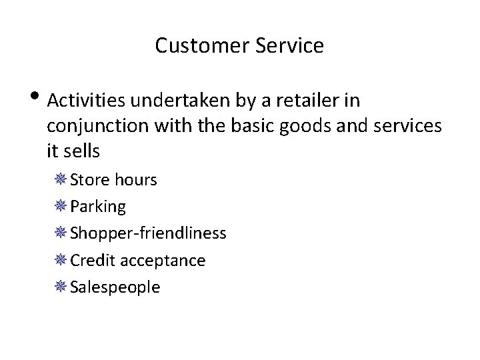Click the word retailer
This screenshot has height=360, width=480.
point(308,101)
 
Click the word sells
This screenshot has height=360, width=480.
point(82,151)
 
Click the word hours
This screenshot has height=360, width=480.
point(135,180)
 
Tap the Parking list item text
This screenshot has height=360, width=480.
point(98,207)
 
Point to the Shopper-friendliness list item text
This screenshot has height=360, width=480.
point(148,233)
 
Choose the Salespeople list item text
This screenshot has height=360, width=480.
point(115,287)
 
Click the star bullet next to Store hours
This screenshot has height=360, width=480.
point(61,180)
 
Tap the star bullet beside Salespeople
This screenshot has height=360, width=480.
point(61,287)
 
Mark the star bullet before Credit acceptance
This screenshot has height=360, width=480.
point(61,260)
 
